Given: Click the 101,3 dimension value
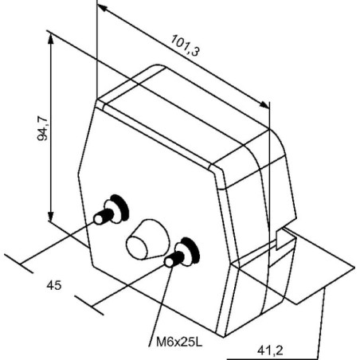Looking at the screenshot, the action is click(x=185, y=45).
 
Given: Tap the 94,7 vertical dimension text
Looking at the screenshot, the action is click(x=42, y=128).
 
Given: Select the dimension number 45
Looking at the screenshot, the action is click(x=54, y=285).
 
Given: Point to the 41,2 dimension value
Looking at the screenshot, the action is click(x=270, y=351).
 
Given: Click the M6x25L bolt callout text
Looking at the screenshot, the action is click(x=179, y=342).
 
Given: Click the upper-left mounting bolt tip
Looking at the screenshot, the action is click(x=99, y=219).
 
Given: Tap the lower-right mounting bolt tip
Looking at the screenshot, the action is click(x=169, y=262).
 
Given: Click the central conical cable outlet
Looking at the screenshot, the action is click(x=147, y=240).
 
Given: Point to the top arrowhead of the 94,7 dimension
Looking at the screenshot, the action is click(x=51, y=39).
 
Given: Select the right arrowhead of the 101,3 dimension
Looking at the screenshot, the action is click(x=264, y=104).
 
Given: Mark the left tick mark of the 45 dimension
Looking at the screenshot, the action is click(x=19, y=263).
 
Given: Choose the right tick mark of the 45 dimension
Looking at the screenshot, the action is click(x=89, y=305).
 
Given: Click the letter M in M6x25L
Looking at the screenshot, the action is click(x=160, y=342).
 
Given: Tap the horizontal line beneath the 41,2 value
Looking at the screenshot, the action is click(x=272, y=359).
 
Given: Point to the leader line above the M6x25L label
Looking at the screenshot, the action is click(x=160, y=304).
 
